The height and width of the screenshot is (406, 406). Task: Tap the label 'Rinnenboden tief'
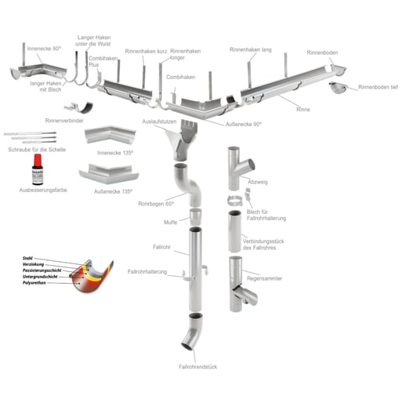point(378,87)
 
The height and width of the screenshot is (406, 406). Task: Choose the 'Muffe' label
point(171,222)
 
